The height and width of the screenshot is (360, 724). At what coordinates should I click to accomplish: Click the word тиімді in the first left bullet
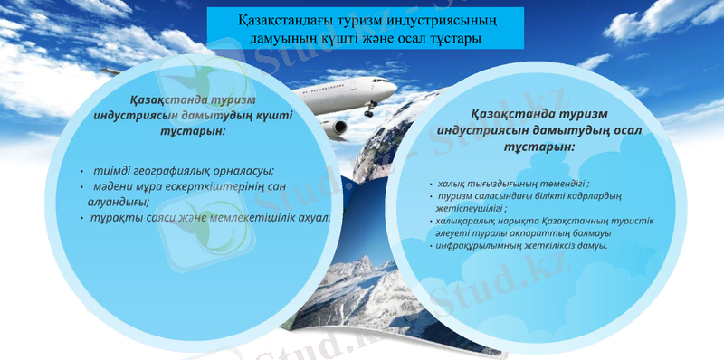click(x=116, y=172)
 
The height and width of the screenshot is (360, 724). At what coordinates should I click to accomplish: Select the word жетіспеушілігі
click(x=473, y=208)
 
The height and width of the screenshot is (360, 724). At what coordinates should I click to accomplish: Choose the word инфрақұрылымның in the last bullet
click(x=479, y=246)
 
